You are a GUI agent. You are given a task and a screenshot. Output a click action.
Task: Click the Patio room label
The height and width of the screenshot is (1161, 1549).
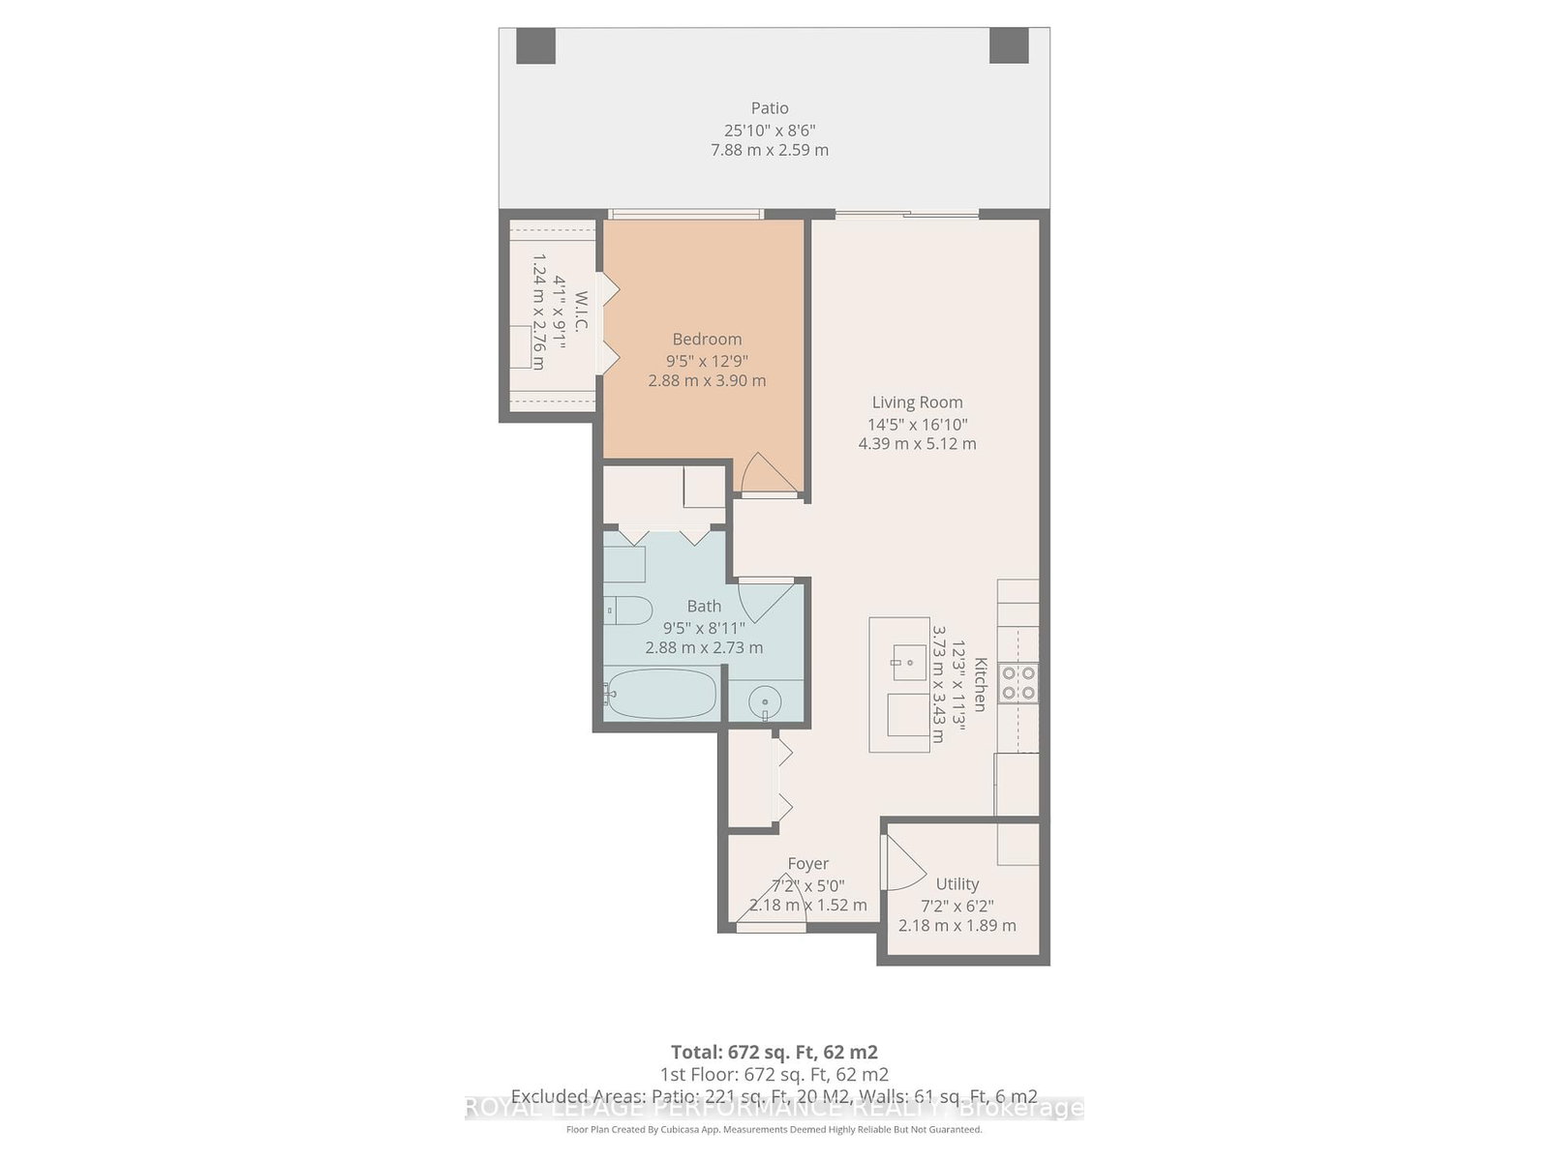770,108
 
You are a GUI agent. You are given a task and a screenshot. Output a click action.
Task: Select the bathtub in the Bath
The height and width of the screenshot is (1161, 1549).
662,694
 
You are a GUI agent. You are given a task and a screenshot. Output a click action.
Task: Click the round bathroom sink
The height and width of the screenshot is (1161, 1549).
766,702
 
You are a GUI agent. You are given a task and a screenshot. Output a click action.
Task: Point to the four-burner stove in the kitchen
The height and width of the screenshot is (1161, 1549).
1018,682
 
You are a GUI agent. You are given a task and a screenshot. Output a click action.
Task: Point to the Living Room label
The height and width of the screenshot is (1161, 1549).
917,402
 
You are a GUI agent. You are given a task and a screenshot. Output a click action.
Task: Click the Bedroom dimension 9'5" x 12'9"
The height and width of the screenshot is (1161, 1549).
707,360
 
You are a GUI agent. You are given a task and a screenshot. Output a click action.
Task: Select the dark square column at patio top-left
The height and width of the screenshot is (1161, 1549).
535,45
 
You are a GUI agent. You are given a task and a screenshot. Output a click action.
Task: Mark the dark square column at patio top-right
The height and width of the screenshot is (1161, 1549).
1009,45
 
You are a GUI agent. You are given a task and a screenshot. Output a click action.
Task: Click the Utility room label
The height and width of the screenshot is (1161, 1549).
957,883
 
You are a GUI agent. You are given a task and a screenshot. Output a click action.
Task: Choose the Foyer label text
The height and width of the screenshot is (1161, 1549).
807,863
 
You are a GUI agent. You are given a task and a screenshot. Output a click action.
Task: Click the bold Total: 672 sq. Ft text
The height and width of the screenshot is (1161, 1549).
774,1052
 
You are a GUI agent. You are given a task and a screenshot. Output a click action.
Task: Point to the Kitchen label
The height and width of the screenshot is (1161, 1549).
980,684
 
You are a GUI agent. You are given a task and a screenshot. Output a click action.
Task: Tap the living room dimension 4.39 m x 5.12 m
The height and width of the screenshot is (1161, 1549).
917,444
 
